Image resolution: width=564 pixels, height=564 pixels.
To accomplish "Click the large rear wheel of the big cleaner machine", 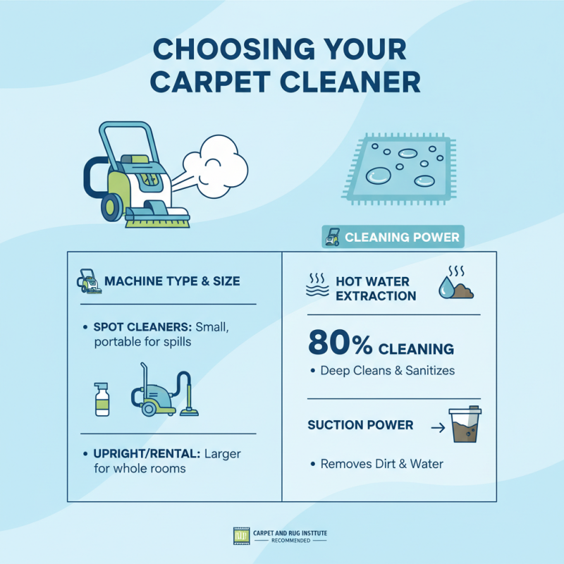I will (x=112, y=206).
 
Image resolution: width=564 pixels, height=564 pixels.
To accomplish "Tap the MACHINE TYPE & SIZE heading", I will (x=172, y=281).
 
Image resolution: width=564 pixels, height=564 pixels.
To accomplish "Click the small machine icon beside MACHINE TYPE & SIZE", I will (x=88, y=281).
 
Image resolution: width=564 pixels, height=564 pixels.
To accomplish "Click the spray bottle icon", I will (x=102, y=398).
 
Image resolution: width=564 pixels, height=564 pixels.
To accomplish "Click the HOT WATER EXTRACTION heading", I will (x=376, y=288).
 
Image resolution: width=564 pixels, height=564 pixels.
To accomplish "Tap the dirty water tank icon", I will (x=465, y=425).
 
